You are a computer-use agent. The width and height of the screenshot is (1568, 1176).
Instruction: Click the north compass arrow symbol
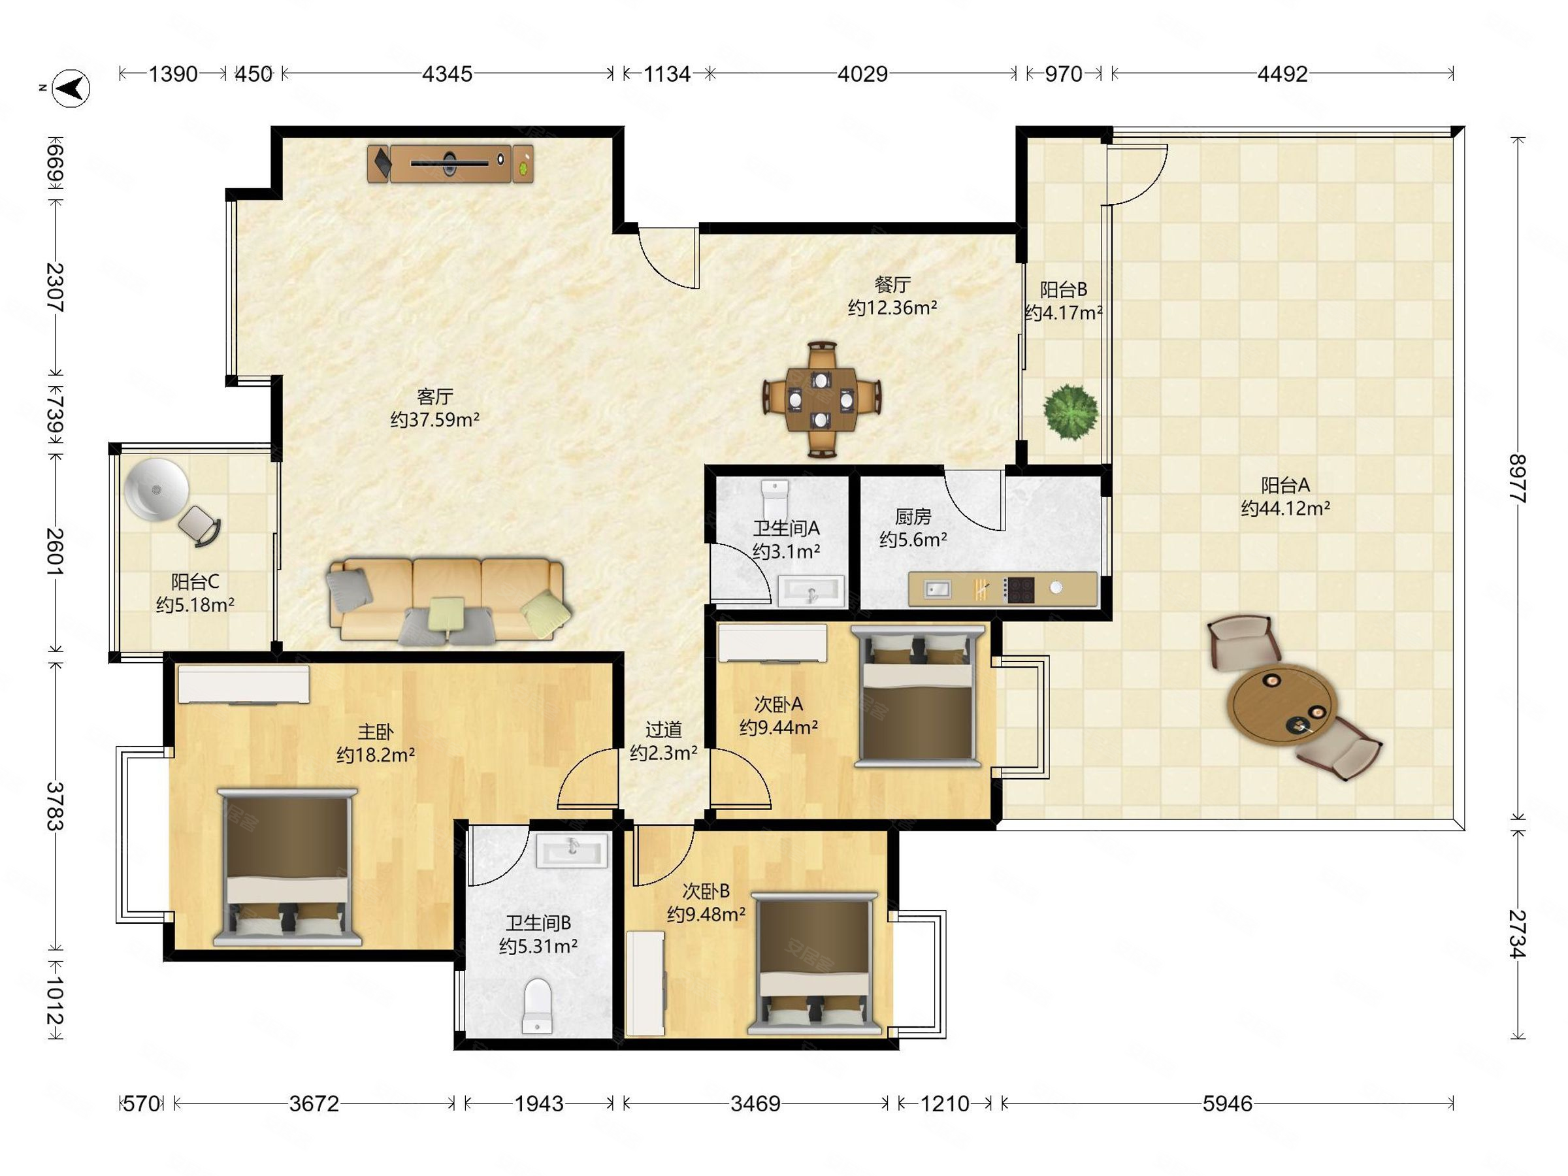tap(71, 89)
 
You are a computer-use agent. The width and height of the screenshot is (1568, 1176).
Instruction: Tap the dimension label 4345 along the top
tap(447, 74)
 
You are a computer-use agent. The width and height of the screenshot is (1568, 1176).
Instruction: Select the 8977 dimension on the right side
tap(1517, 479)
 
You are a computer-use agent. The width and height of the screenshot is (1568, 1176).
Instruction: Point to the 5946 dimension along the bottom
tap(1227, 1103)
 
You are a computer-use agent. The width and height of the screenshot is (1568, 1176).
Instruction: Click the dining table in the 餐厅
tap(822, 400)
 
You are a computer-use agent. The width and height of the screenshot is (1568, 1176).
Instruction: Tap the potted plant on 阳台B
tap(1070, 412)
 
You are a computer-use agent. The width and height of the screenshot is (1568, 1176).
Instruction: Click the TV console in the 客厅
tap(450, 164)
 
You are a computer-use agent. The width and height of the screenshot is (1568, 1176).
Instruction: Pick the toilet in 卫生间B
tap(537, 1006)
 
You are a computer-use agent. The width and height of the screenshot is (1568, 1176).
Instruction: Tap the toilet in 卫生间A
tap(775, 500)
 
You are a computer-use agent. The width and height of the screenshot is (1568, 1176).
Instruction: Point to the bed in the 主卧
tap(287, 867)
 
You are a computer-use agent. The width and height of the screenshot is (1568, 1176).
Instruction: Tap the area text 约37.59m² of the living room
tap(434, 419)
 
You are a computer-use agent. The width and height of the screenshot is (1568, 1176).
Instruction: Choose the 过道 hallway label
tap(664, 729)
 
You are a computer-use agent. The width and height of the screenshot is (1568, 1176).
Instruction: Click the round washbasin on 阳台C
tap(156, 490)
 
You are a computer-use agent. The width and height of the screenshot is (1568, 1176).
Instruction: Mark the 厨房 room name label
tap(913, 517)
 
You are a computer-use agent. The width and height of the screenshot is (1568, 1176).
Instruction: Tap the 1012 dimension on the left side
tap(56, 1000)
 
